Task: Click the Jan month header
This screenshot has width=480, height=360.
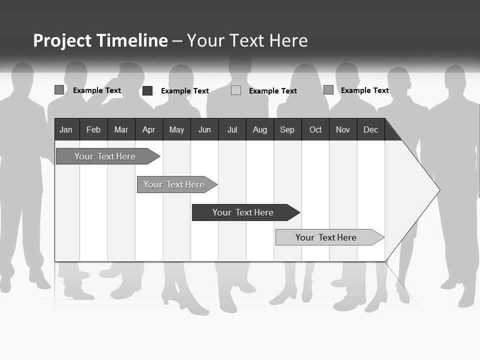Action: pyautogui.click(x=66, y=129)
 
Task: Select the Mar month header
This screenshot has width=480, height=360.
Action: pyautogui.click(x=121, y=129)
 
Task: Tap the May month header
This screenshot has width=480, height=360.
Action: pyautogui.click(x=176, y=129)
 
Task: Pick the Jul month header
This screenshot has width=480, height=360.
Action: pyautogui.click(x=232, y=129)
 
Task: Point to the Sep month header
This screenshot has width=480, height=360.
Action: pyautogui.click(x=287, y=129)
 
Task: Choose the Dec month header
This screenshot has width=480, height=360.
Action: pyautogui.click(x=370, y=129)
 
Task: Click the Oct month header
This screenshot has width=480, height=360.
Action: pyautogui.click(x=315, y=129)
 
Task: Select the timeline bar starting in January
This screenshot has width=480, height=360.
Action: pyautogui.click(x=105, y=156)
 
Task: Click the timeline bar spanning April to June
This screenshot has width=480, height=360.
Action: pyautogui.click(x=174, y=184)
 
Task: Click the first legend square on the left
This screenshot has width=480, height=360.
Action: pyautogui.click(x=59, y=90)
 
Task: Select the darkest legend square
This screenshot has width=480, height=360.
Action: pyautogui.click(x=147, y=90)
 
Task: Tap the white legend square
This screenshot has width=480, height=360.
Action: pyautogui.click(x=236, y=90)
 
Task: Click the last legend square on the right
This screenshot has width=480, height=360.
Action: pyautogui.click(x=328, y=90)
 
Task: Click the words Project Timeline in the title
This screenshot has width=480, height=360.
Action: pyautogui.click(x=100, y=40)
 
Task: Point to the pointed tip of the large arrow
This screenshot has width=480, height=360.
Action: pyautogui.click(x=438, y=189)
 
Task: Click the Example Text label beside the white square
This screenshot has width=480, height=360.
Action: pyautogui.click(x=272, y=91)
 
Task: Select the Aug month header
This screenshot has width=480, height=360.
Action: pyautogui.click(x=260, y=129)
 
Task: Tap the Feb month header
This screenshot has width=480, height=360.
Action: pyautogui.click(x=93, y=129)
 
